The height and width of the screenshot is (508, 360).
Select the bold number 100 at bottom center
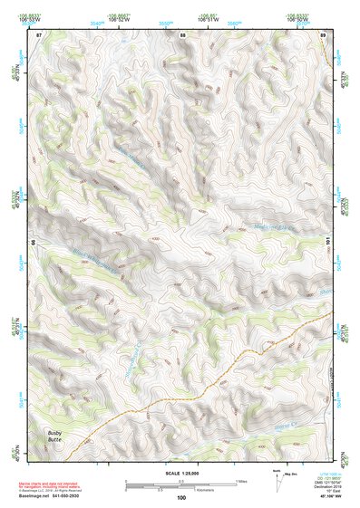[180, 497]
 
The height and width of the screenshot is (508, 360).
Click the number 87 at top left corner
[39, 34]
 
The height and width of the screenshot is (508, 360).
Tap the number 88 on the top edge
[182, 34]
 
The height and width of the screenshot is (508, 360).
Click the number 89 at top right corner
[323, 34]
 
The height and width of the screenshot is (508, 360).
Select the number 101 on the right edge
[326, 240]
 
